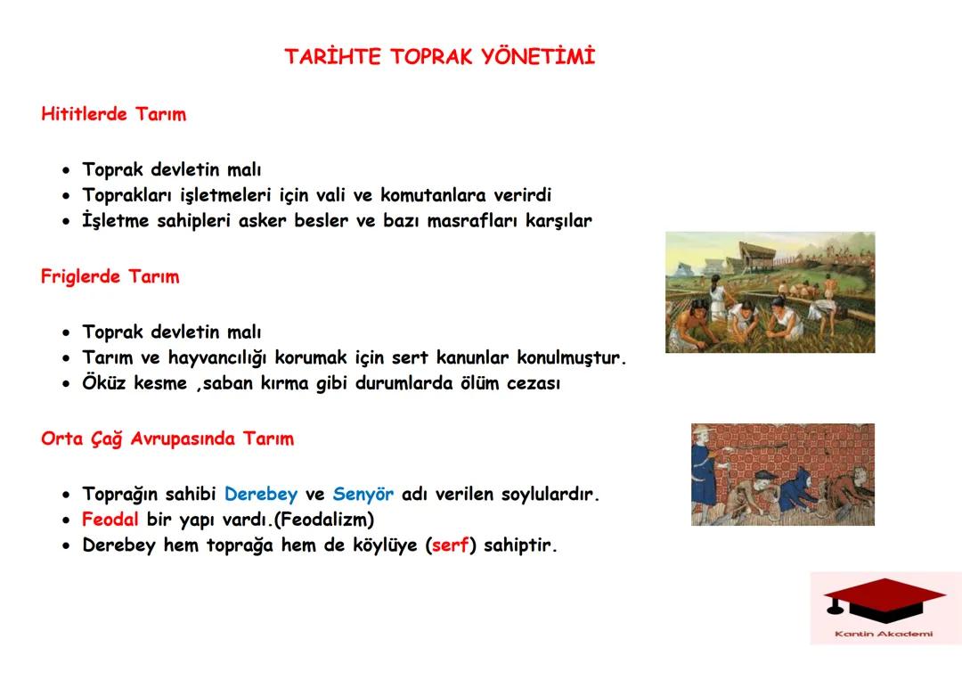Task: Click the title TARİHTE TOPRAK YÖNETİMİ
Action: point(439,57)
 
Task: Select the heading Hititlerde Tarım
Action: point(113,114)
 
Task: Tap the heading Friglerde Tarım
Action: point(110,276)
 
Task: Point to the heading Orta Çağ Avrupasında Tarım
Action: point(167,438)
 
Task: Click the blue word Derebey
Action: point(260,494)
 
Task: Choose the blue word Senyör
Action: point(363,494)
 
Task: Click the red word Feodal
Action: point(110,519)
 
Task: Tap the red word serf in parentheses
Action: point(450,545)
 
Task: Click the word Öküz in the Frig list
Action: point(105,384)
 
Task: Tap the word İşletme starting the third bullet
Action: point(116,221)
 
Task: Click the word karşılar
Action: point(557,221)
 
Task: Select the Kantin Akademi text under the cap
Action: point(884,634)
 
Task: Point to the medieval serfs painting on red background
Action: point(782,474)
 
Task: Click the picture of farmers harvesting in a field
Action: point(770,292)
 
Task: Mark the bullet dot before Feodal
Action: point(66,520)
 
